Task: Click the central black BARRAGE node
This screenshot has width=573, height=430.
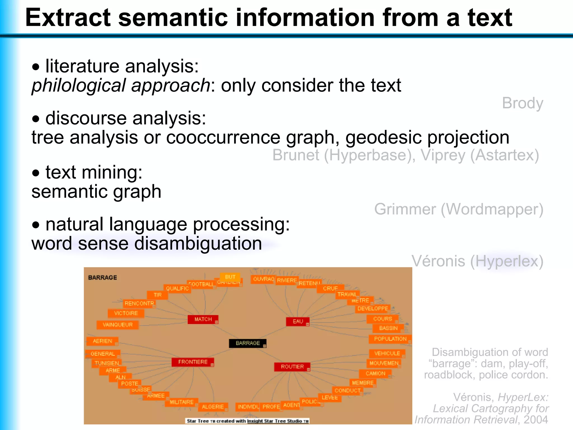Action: [248, 343]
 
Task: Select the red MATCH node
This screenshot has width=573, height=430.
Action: [203, 319]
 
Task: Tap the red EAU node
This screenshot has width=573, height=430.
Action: [298, 321]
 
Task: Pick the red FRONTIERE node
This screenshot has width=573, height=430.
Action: [192, 362]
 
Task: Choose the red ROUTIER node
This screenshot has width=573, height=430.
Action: [292, 367]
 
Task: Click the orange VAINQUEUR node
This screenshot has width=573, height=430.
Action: [118, 325]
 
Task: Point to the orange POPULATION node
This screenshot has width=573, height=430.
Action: [390, 339]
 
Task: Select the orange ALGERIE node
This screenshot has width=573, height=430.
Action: [213, 407]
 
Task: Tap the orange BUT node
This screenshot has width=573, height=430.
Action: [230, 277]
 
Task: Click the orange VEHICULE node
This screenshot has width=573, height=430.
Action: [387, 353]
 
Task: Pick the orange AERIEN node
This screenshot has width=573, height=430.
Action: [102, 341]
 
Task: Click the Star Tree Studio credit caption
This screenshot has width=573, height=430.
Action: [247, 421]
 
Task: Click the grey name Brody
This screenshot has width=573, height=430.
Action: [522, 103]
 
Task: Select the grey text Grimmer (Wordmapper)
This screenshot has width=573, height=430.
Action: [459, 209]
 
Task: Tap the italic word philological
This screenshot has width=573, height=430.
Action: [79, 85]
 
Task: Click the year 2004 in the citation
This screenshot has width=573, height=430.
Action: [536, 420]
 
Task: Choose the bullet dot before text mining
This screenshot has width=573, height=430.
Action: [36, 173]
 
